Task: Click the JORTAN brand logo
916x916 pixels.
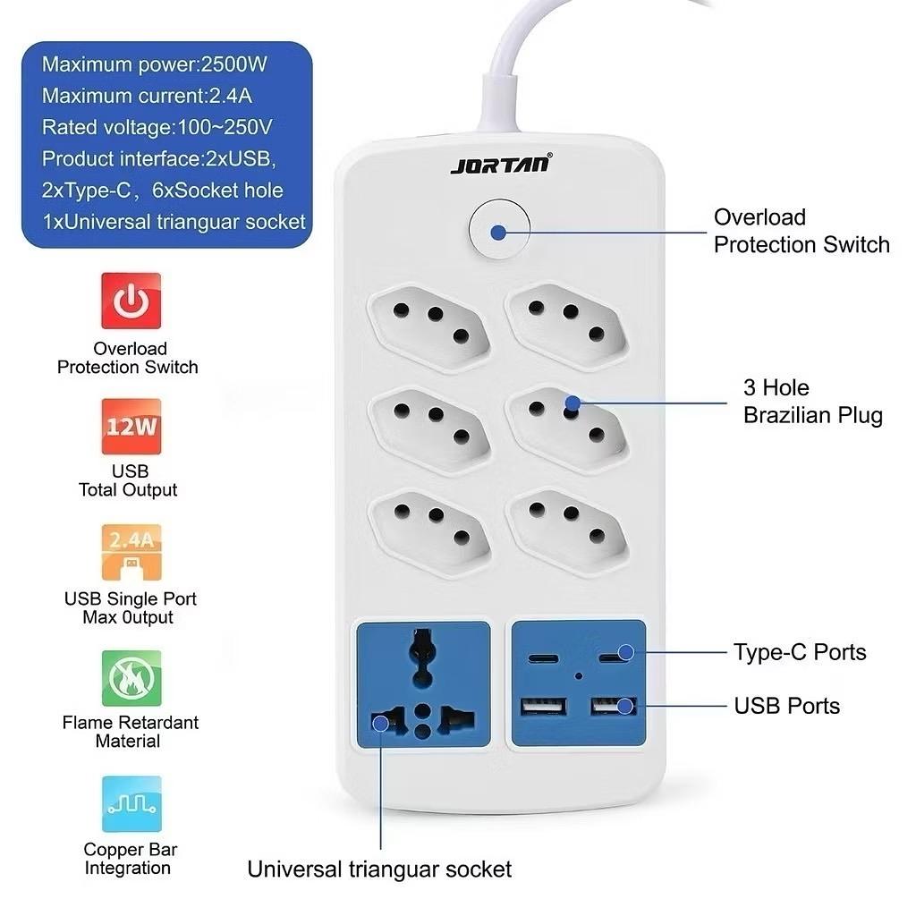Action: [501, 165]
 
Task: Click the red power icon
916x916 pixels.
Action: [131, 301]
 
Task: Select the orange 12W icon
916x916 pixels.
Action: [131, 427]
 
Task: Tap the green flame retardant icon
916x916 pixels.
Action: [131, 679]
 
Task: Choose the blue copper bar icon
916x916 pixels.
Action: [131, 804]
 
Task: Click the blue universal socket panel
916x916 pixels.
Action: [423, 684]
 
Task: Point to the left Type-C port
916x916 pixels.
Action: [543, 658]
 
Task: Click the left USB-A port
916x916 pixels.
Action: [542, 708]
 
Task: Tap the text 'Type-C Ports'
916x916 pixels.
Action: [800, 652]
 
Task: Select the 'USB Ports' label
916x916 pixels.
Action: [787, 706]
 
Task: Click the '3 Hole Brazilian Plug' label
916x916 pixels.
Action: [812, 402]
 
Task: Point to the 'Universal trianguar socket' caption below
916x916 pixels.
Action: [379, 869]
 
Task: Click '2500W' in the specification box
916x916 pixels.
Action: [234, 64]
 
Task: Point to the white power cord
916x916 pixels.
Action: [501, 72]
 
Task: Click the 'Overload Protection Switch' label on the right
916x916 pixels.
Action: [801, 231]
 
